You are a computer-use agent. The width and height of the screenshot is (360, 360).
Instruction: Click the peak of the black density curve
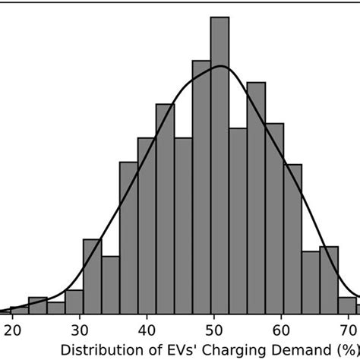tap(220, 67)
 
